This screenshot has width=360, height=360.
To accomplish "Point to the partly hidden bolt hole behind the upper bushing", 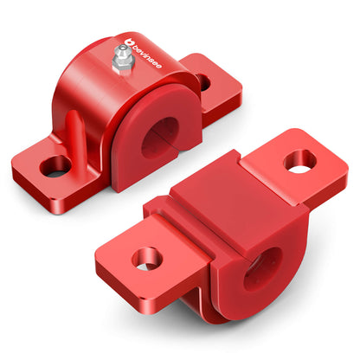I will tap(202, 82).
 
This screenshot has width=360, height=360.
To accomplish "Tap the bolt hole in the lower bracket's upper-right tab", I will tap(299, 160).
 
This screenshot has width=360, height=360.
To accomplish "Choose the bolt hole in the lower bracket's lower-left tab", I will tap(145, 258).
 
